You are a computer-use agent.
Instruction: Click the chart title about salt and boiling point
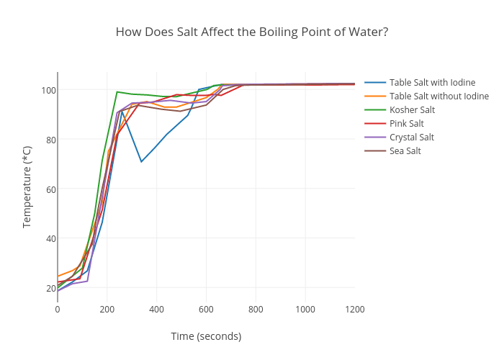pyautogui.click(x=252, y=32)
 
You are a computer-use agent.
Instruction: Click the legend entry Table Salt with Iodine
pyautogui.click(x=432, y=82)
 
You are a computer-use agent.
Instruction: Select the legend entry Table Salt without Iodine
pyautogui.click(x=438, y=96)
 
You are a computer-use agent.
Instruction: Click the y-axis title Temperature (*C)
pyautogui.click(x=27, y=186)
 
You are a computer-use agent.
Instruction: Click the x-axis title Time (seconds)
pyautogui.click(x=206, y=336)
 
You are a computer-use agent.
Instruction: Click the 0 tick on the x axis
pyautogui.click(x=58, y=310)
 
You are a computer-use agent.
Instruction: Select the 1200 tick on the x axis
pyautogui.click(x=354, y=310)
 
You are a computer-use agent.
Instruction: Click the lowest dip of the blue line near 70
pyautogui.click(x=141, y=161)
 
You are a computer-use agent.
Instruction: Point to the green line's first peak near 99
pyautogui.click(x=117, y=91)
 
